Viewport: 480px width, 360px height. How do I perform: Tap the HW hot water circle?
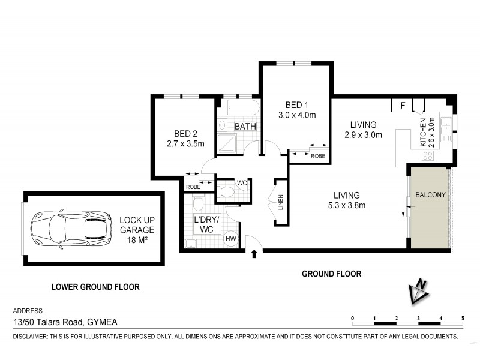click(x=230, y=239)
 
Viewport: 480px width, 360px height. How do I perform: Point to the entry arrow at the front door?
click(x=254, y=254)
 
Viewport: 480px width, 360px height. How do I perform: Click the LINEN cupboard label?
click(x=280, y=202)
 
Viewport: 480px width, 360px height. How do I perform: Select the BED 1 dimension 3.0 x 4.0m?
click(x=296, y=115)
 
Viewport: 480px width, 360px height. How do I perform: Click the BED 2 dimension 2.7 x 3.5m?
click(x=186, y=143)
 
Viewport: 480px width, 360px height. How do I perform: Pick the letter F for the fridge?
click(x=403, y=107)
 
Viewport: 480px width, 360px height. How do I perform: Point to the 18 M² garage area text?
click(x=137, y=239)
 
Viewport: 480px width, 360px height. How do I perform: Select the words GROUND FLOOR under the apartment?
click(x=331, y=274)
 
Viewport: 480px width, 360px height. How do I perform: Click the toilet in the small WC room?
click(x=227, y=191)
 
